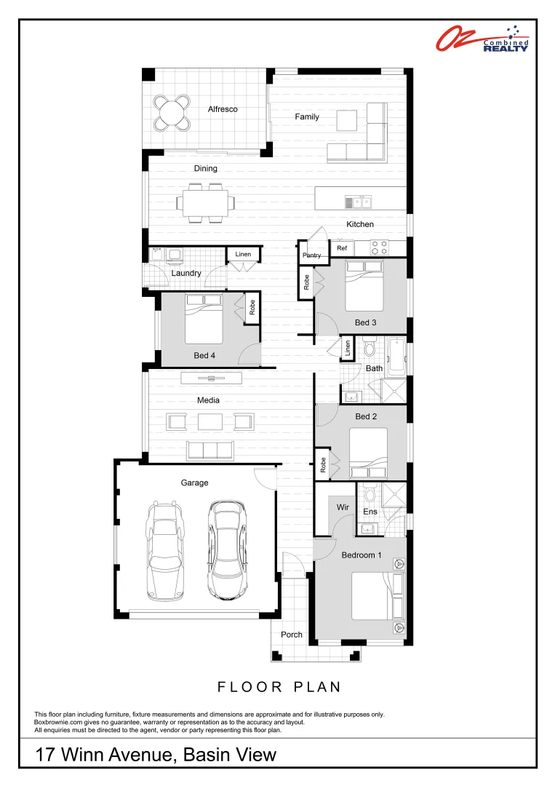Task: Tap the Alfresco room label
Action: (223, 109)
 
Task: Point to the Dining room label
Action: (205, 168)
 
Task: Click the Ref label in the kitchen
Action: (342, 248)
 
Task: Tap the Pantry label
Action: (311, 255)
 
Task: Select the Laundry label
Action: (186, 273)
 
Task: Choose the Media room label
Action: (208, 400)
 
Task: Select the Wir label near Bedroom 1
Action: (343, 507)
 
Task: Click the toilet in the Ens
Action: (370, 496)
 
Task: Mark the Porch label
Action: (292, 635)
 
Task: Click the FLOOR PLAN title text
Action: (279, 687)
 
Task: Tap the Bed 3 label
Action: (366, 322)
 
